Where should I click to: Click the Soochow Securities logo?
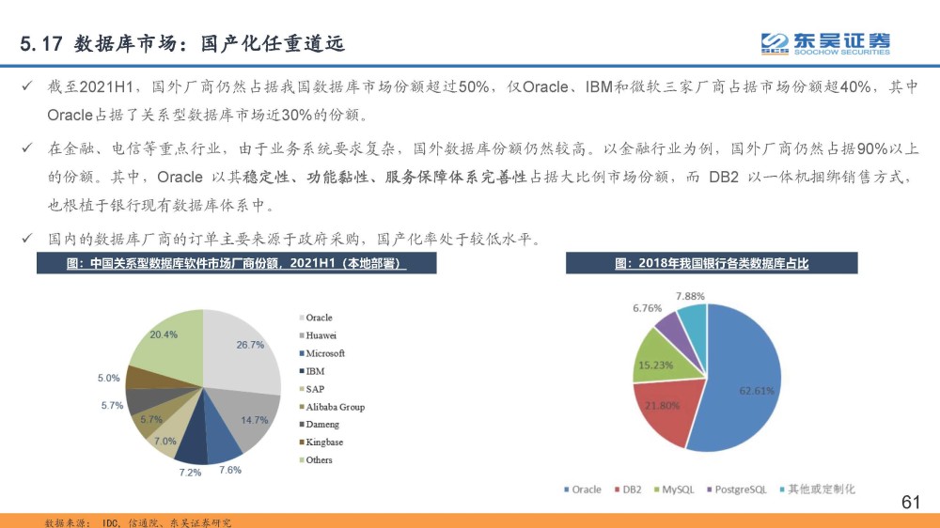click(825, 43)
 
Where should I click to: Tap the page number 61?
click(911, 503)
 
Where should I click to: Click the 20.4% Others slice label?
click(164, 334)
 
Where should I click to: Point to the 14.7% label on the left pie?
click(254, 420)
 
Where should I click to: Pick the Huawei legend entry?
click(318, 335)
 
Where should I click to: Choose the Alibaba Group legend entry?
click(332, 407)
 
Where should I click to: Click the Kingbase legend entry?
click(321, 443)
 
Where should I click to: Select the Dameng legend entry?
click(319, 425)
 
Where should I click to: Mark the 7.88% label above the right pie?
click(690, 296)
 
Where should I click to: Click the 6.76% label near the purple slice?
click(648, 308)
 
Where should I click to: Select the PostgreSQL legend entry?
click(737, 489)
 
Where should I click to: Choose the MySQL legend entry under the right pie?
click(674, 489)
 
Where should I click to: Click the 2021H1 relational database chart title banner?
click(236, 263)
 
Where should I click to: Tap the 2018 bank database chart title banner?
click(712, 263)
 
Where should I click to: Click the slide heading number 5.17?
click(41, 44)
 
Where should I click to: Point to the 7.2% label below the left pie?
click(190, 473)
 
